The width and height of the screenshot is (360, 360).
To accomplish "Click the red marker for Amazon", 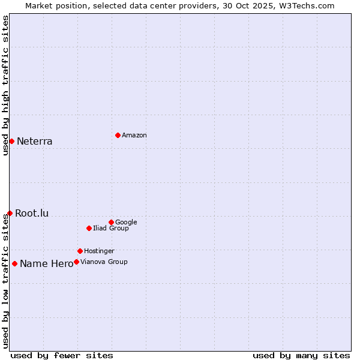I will pyautogui.click(x=118, y=135).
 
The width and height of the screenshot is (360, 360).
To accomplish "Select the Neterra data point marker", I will pyautogui.click(x=11, y=141).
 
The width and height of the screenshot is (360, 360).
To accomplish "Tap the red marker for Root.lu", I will pyautogui.click(x=10, y=213).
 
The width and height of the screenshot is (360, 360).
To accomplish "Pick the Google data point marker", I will pyautogui.click(x=111, y=222).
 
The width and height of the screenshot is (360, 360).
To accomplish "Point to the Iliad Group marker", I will pyautogui.click(x=89, y=228).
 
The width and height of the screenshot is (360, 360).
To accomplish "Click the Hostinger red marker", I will pyautogui.click(x=80, y=251).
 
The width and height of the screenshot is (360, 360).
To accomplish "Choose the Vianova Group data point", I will pyautogui.click(x=76, y=262).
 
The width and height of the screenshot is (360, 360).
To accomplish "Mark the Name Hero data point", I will pyautogui.click(x=14, y=263).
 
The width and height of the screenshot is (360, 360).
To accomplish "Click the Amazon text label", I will pyautogui.click(x=134, y=136).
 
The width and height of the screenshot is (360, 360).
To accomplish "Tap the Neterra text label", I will pyautogui.click(x=35, y=142).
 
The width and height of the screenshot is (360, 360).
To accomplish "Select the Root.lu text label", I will pyautogui.click(x=32, y=213).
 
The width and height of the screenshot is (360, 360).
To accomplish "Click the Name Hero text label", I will pyautogui.click(x=46, y=264).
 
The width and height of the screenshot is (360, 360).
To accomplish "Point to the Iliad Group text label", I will pyautogui.click(x=111, y=228).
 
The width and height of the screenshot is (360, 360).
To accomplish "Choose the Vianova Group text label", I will pyautogui.click(x=104, y=262).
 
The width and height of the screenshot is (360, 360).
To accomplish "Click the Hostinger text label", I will pyautogui.click(x=99, y=251).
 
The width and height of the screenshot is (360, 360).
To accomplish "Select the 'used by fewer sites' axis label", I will pyautogui.click(x=62, y=355).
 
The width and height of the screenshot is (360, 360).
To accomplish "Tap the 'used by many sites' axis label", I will pyautogui.click(x=301, y=355).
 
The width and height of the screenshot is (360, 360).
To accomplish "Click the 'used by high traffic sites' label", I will pyautogui.click(x=5, y=85).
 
